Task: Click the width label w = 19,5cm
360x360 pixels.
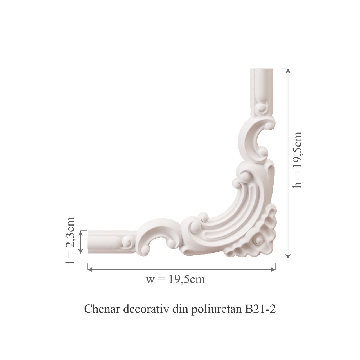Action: pyautogui.click(x=175, y=280)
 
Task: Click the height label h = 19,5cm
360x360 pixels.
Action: pyautogui.click(x=297, y=160)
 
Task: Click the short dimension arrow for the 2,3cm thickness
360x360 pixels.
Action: pyautogui.click(x=82, y=242)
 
